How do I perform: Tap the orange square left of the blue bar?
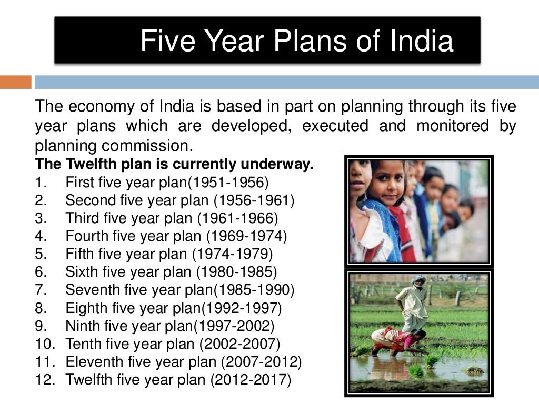pos(16,82)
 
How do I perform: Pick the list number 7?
pos(41,290)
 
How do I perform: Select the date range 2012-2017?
pos(251,379)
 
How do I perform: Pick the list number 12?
pos(44,379)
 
